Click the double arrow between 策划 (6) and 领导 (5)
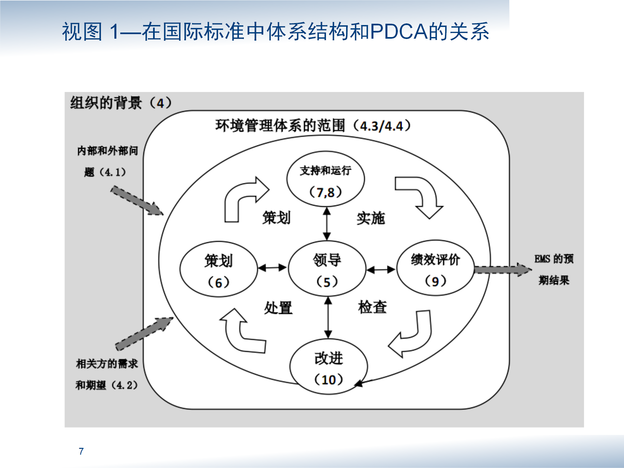pos(272,268)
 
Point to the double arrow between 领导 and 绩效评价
pos(381,269)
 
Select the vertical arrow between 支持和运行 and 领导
pos(327,224)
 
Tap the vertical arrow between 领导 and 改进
pos(328,318)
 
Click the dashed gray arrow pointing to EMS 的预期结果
pos(503,270)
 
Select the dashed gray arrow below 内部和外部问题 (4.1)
pos(137,201)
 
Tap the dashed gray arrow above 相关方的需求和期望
pos(144,334)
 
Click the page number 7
pos(81,451)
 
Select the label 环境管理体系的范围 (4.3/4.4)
pos(313,125)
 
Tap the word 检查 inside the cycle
pos(372,307)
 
